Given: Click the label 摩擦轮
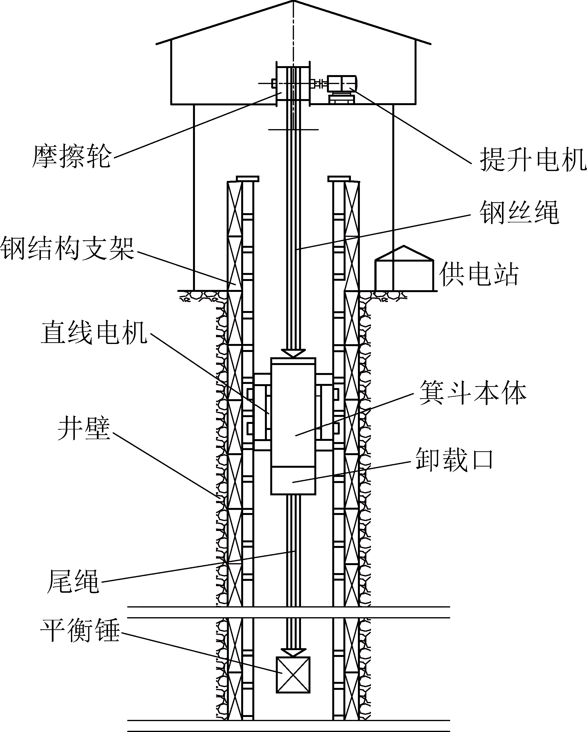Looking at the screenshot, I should point(72,156).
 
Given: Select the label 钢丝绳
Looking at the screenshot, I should point(519,213).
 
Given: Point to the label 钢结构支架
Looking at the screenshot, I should point(68,249).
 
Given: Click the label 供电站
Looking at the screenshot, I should point(479,275).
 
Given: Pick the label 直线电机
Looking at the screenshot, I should point(94,333).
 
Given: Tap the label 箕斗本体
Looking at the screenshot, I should point(473,393).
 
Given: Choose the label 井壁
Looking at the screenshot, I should point(84,429).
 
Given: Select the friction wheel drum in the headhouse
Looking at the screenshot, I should point(293,83).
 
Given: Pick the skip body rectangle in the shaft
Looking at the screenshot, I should point(293,414).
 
